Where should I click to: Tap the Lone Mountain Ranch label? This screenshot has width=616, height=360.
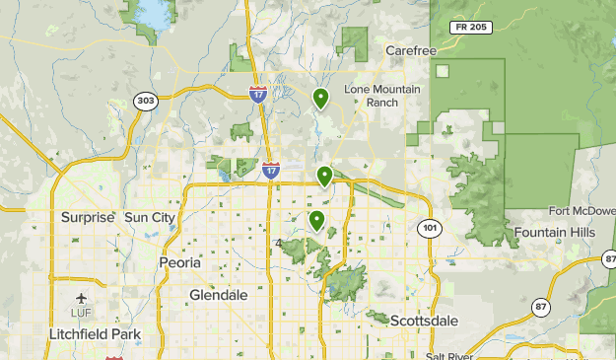382,96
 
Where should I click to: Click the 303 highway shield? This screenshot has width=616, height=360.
146,101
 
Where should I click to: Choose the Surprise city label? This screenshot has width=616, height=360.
88,217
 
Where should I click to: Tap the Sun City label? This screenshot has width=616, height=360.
149,217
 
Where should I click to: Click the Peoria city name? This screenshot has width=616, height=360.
179,263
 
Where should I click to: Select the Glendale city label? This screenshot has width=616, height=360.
218,295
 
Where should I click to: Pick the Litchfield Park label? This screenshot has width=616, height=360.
95,334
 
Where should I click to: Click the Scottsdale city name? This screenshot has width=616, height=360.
424,321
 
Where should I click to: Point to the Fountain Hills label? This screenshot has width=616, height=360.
553,232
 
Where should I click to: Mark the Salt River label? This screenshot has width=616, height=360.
449,355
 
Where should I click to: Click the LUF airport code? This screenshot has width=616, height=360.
80,313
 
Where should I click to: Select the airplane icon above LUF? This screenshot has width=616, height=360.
80,297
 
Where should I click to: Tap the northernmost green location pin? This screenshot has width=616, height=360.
320,98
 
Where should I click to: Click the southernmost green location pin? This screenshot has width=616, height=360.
316,220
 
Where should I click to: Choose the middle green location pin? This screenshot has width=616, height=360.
324,176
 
